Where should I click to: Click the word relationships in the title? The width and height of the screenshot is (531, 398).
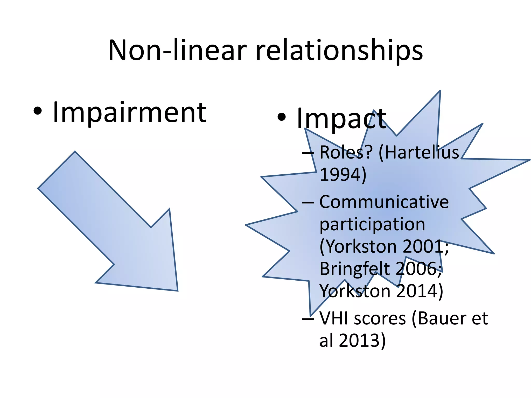tap(339, 51)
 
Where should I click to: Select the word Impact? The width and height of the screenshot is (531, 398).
tap(341, 119)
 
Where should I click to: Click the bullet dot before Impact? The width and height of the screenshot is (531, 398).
tap(282, 117)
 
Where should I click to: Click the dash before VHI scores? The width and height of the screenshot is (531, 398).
tap(308, 319)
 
